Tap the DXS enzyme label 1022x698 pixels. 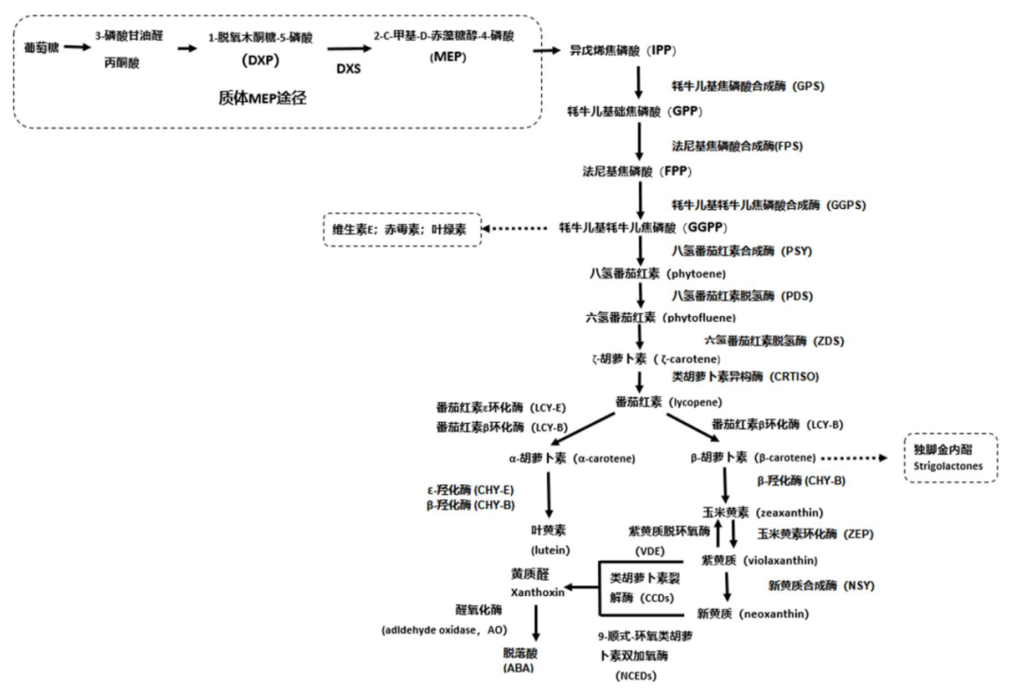point(349,69)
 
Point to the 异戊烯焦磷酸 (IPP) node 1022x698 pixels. point(622,49)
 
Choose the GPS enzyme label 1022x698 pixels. point(747,85)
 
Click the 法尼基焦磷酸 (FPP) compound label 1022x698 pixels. point(638,171)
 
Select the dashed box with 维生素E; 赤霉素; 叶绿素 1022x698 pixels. point(402,228)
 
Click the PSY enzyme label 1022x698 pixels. point(742,251)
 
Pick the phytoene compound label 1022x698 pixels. point(657,273)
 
